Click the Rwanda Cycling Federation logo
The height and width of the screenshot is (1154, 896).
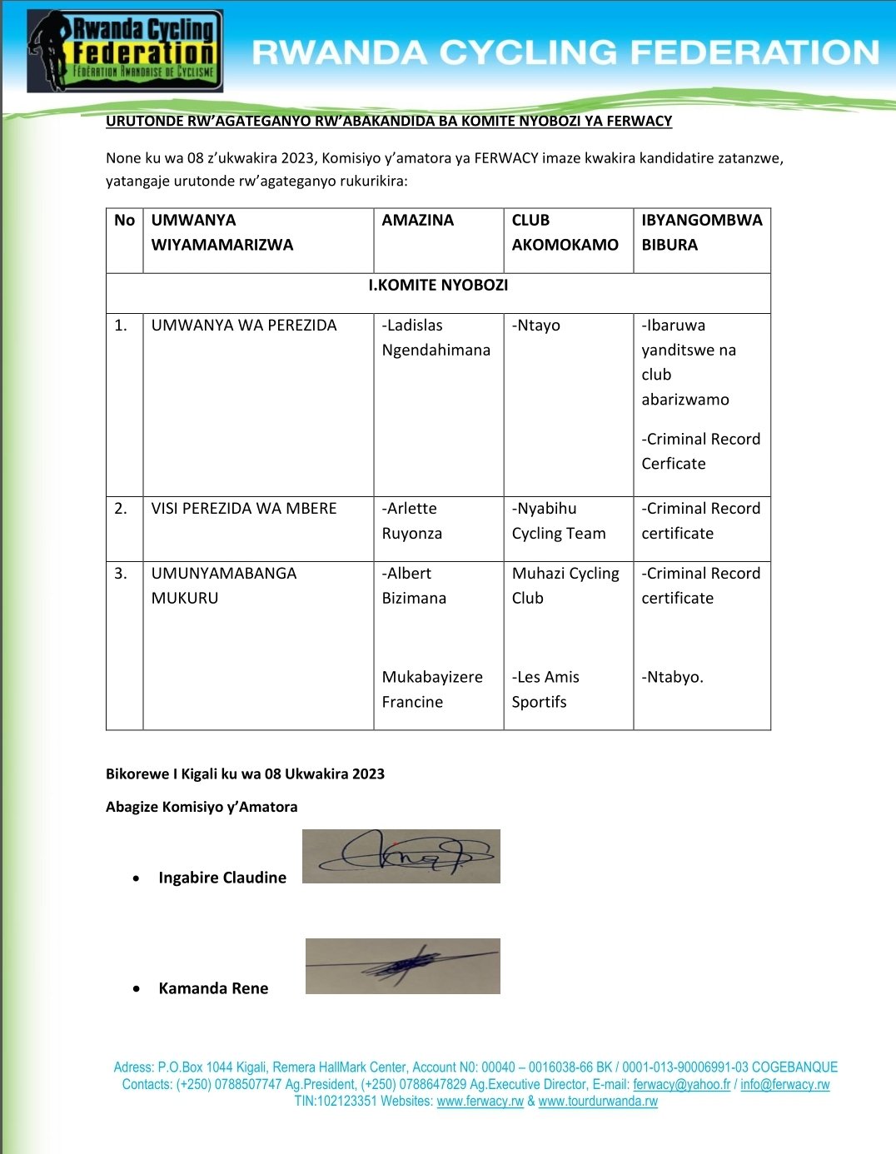pos(125,51)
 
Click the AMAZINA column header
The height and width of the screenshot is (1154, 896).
pos(417,221)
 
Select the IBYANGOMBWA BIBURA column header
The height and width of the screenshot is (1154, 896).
pos(701,232)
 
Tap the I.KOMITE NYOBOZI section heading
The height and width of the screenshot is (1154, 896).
pos(438,285)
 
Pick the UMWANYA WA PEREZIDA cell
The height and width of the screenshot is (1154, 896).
pos(244,326)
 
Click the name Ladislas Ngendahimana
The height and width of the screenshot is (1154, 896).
pos(436,337)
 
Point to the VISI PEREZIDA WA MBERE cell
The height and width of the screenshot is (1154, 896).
pos(244,509)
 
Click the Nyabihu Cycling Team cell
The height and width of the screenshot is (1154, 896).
pos(558,520)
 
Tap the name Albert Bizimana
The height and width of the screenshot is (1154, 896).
pos(414,585)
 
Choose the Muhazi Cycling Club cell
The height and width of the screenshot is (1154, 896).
pos(565,585)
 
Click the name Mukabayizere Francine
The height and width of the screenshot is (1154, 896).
pos(431,689)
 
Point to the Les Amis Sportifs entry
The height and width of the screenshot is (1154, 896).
pos(545,689)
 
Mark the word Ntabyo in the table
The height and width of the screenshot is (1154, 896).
pos(672,678)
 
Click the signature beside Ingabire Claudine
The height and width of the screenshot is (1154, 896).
pos(401,856)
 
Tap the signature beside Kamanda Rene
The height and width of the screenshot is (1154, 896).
pos(402,966)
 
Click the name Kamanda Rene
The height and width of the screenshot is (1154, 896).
pos(213,988)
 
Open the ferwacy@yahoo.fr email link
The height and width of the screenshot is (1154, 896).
pos(681,1084)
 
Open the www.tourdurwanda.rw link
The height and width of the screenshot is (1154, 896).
pos(598,1101)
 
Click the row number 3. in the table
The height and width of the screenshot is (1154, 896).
pos(121,574)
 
